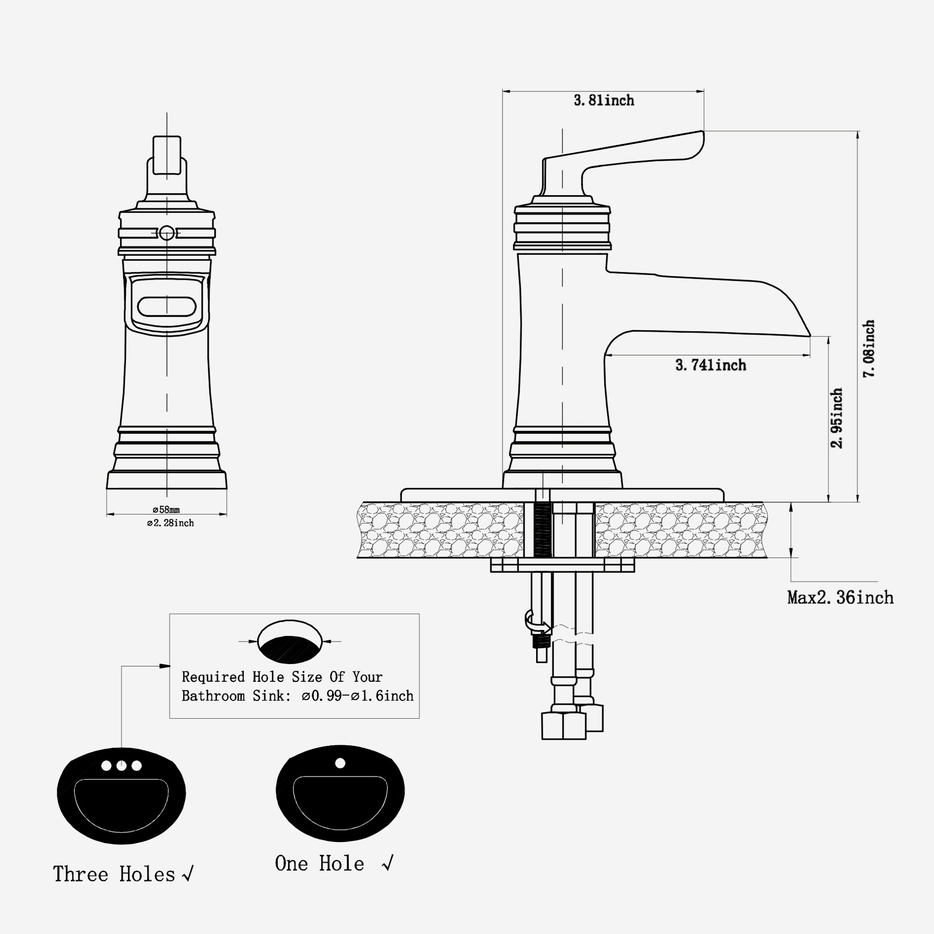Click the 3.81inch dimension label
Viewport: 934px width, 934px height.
[x=603, y=100]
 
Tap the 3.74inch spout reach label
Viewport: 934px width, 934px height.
[x=710, y=365]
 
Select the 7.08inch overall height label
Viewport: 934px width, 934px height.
[x=869, y=348]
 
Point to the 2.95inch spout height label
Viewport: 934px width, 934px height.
[x=837, y=418]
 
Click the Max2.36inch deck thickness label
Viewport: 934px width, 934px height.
[x=840, y=598]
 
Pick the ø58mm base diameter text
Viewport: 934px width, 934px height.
[x=166, y=509]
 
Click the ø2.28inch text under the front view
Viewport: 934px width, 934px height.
[x=170, y=523]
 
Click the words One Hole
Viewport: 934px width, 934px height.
[x=319, y=864]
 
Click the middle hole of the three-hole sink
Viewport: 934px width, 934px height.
[x=121, y=766]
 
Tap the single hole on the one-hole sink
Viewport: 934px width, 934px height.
[x=340, y=763]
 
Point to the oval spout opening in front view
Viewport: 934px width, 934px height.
[x=167, y=306]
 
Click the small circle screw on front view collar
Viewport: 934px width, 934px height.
[x=167, y=233]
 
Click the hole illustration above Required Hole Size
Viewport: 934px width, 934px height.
[x=290, y=642]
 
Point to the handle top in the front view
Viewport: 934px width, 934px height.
[x=167, y=155]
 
